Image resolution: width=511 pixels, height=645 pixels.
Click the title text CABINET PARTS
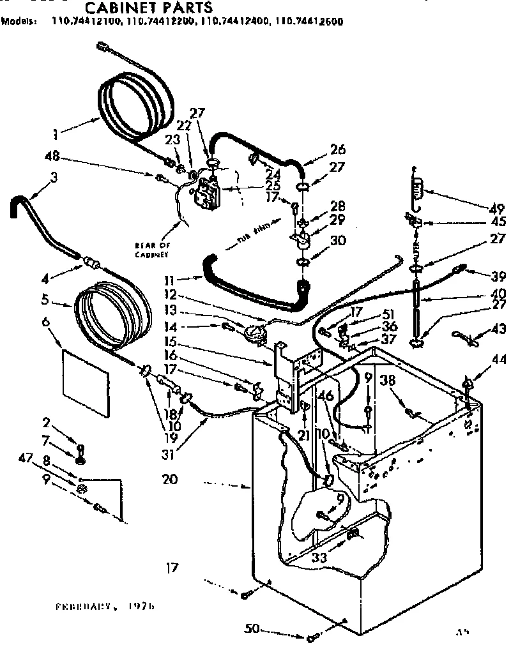[148, 8]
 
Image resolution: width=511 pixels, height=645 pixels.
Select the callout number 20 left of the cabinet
[171, 479]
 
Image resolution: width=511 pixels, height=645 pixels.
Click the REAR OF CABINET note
[151, 250]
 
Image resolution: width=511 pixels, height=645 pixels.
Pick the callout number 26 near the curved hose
[338, 150]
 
